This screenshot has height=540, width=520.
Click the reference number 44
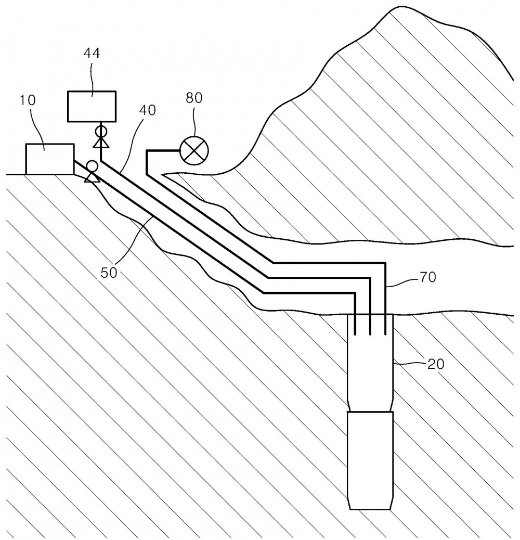click(92, 54)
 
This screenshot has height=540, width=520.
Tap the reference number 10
click(27, 100)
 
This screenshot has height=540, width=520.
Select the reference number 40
click(148, 110)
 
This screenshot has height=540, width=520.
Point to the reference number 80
click(194, 98)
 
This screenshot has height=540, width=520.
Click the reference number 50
click(109, 273)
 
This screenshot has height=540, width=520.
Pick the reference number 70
click(427, 277)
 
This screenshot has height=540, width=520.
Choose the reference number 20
click(436, 364)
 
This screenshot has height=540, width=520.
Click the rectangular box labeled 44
click(92, 107)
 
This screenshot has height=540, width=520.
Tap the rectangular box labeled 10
click(50, 159)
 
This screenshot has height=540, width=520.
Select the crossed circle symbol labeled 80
click(194, 150)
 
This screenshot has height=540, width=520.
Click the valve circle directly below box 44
click(101, 131)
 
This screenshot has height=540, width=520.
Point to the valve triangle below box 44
click(101, 143)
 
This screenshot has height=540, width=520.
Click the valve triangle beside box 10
click(92, 177)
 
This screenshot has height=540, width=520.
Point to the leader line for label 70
click(402, 282)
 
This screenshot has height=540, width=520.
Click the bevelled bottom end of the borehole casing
click(370, 503)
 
